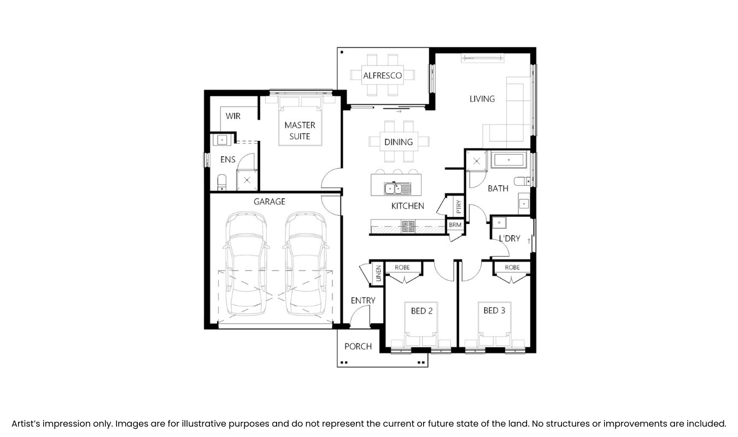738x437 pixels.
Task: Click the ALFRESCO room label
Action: click(382, 76)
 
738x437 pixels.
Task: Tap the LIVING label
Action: click(482, 99)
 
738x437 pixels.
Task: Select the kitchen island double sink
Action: click(397, 188)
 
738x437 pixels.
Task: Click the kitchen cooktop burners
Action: click(408, 227)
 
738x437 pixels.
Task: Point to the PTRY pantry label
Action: click(459, 206)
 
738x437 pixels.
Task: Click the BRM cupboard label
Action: click(455, 225)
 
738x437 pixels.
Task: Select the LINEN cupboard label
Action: click(378, 273)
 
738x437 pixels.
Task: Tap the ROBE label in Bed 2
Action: click(402, 268)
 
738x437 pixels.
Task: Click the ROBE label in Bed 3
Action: click(512, 268)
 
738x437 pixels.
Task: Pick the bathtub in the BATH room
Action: click(509, 160)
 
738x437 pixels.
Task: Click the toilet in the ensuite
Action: click(222, 182)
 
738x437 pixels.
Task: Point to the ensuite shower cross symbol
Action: click(247, 180)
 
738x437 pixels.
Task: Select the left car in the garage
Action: click(247, 263)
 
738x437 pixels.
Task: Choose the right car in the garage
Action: click(306, 263)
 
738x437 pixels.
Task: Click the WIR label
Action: click(233, 116)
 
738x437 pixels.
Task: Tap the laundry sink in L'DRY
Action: click(499, 223)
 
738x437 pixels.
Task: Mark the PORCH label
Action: click(358, 346)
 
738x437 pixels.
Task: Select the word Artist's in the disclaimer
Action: click(26, 423)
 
